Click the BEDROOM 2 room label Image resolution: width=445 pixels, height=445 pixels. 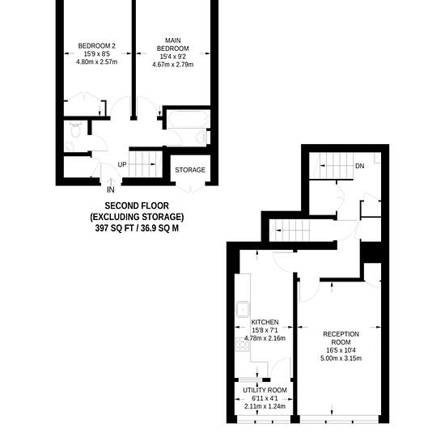click(97, 45)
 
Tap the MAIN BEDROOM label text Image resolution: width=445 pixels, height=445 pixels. click(173, 44)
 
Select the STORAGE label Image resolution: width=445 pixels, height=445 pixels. click(190, 170)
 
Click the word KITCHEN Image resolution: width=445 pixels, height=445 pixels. click(265, 322)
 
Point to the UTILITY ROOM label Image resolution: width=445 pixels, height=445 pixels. click(265, 390)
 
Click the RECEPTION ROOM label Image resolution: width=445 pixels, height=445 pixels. click(341, 338)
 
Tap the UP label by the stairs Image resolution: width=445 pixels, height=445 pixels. click(122, 164)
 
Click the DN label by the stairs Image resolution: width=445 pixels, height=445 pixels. click(359, 166)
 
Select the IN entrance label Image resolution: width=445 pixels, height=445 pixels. click(111, 190)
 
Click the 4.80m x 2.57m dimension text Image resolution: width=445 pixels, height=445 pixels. click(97, 61)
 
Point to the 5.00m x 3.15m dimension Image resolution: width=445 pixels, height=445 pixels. click(341, 358)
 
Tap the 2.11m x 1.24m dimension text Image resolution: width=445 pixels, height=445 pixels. click(265, 406)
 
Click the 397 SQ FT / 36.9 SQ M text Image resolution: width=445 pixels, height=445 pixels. click(137, 228)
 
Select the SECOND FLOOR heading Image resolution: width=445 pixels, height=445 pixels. click(137, 206)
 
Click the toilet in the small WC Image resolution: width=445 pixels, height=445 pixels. click(75, 129)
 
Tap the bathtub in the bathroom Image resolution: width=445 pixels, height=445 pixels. click(188, 119)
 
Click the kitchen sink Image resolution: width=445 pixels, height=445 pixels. click(243, 309)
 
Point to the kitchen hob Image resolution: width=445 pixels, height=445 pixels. click(243, 345)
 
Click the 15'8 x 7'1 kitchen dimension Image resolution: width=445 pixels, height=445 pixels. click(265, 330)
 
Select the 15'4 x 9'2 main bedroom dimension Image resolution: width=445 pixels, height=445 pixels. click(173, 57)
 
